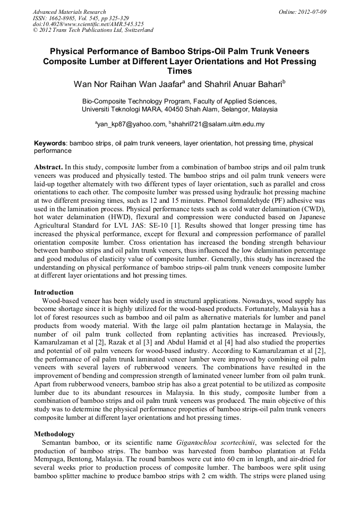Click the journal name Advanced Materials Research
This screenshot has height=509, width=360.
tap(69, 12)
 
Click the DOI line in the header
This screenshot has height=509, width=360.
tap(88, 24)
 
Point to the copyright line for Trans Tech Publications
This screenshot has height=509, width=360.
tap(93, 30)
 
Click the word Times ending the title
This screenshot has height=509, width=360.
tap(179, 71)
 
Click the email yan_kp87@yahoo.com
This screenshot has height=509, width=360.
tap(131, 124)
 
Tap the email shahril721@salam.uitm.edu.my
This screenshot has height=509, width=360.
tap(218, 124)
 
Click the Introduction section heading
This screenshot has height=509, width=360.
tap(54, 292)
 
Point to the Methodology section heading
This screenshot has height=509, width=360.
tap(55, 434)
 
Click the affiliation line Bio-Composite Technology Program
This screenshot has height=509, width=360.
tap(179, 101)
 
